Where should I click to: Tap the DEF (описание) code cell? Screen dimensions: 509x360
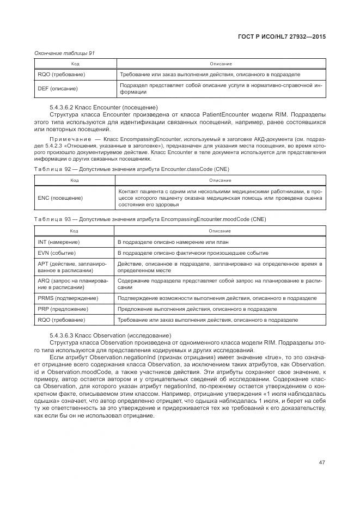click(x=58, y=88)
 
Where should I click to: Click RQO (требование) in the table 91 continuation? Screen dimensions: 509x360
click(x=61, y=74)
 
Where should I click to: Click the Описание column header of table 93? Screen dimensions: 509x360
click(x=219, y=231)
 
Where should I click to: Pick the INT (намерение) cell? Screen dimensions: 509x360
click(x=58, y=242)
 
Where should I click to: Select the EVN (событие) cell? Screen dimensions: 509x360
click(x=57, y=253)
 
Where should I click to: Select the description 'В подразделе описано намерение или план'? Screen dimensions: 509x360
click(x=173, y=242)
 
